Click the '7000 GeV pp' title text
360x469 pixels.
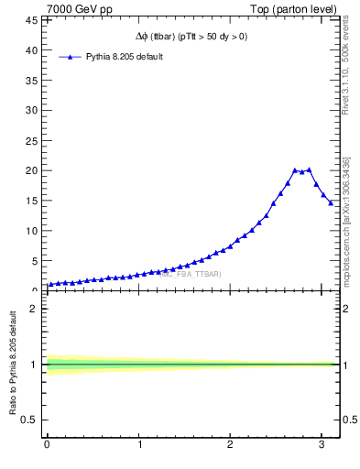pyautogui.click(x=80, y=9)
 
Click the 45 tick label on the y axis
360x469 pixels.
pyautogui.click(x=31, y=20)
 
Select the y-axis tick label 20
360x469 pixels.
pyautogui.click(x=31, y=170)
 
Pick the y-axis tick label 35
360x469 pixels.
pyautogui.click(x=31, y=81)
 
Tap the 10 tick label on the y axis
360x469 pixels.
pyautogui.click(x=31, y=231)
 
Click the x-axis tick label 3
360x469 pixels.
pyautogui.click(x=322, y=446)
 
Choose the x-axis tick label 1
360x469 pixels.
pyautogui.click(x=139, y=446)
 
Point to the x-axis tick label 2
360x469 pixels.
pyautogui.click(x=230, y=446)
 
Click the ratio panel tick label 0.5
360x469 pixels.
pyautogui.click(x=29, y=420)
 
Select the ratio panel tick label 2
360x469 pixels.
pyautogui.click(x=34, y=309)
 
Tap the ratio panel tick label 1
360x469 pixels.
pyautogui.click(x=34, y=365)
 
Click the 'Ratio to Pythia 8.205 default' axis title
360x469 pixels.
pyautogui.click(x=13, y=365)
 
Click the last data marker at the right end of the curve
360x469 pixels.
pyautogui.click(x=331, y=203)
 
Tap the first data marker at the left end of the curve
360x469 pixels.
pyautogui.click(x=50, y=284)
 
